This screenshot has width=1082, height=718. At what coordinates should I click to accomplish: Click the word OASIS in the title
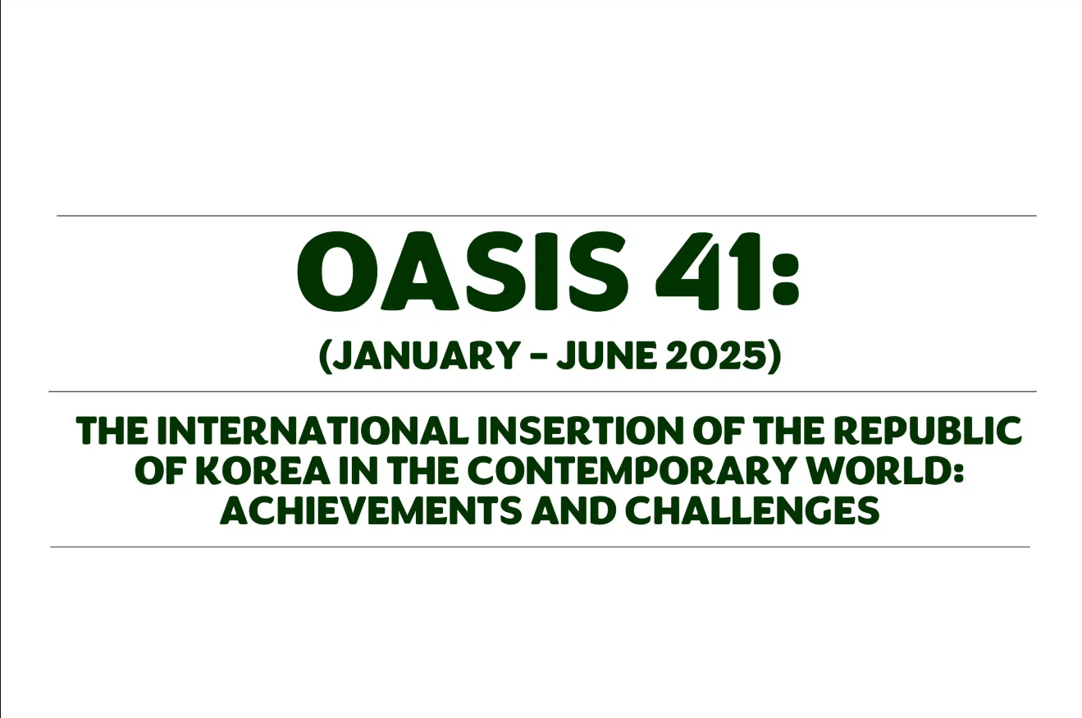(x=463, y=272)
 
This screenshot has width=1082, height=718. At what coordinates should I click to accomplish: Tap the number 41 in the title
(x=708, y=272)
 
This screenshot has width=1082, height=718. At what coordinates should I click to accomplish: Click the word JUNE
(x=607, y=355)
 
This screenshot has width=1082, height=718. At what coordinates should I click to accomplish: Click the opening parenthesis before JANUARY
(x=325, y=357)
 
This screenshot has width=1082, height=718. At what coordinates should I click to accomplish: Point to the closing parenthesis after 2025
(x=774, y=357)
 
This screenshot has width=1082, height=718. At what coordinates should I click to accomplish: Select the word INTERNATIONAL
(x=312, y=431)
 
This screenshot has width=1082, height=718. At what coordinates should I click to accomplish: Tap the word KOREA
(x=263, y=471)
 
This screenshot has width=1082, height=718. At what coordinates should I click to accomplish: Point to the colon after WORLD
(x=957, y=472)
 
